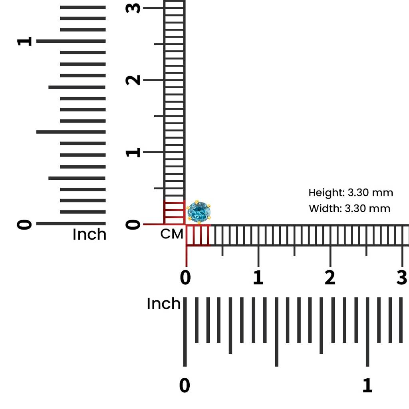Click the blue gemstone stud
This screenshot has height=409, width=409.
[x=199, y=212]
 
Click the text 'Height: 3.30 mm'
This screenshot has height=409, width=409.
[x=351, y=193]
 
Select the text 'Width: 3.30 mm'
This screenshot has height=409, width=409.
[x=349, y=208]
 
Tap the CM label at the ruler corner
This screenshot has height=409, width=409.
[x=172, y=234]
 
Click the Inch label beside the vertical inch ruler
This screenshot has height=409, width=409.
[x=89, y=234]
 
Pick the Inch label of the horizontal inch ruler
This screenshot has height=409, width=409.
[x=163, y=304]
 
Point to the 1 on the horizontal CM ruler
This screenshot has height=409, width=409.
[x=258, y=277]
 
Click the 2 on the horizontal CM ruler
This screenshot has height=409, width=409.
[x=330, y=277]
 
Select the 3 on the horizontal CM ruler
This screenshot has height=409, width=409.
[x=402, y=277]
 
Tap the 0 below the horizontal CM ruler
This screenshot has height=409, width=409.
[x=185, y=277]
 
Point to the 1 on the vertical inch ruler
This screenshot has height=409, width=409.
[x=24, y=41]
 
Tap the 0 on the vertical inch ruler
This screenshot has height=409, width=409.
[x=24, y=224]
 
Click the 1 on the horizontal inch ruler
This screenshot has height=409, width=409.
[x=367, y=385]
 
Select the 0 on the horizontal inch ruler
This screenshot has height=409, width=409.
[x=185, y=385]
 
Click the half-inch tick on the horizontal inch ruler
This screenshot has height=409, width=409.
[x=276, y=332]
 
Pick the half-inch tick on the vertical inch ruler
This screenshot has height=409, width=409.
[x=71, y=132]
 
